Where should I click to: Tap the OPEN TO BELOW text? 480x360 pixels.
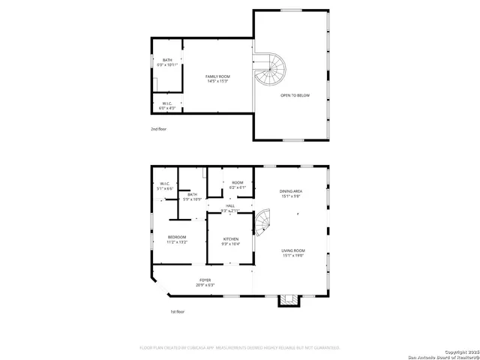(295, 96)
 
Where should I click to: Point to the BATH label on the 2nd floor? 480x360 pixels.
(167, 63)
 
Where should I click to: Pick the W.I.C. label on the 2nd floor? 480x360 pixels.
(167, 106)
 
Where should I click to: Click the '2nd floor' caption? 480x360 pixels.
(158, 129)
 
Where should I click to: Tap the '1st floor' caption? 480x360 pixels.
(176, 311)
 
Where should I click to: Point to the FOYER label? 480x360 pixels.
(205, 282)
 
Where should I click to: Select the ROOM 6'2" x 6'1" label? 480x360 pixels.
(237, 184)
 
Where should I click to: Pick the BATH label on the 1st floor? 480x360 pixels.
(193, 196)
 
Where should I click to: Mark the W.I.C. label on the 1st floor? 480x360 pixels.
(165, 186)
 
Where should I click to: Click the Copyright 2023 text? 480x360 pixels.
(459, 351)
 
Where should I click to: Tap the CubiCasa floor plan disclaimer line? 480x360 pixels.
(240, 348)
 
